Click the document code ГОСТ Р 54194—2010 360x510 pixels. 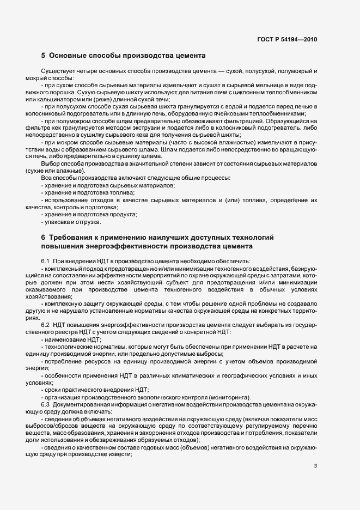(x=287, y=39)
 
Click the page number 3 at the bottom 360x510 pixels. (x=315, y=465)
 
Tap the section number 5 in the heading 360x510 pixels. (x=43, y=56)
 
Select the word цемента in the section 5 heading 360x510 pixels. (x=187, y=56)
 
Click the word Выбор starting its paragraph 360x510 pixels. (x=50, y=164)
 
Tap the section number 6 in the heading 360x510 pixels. (x=43, y=238)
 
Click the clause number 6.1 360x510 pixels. (x=46, y=262)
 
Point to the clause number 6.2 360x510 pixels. (x=46, y=325)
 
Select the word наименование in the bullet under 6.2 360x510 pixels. (x=65, y=340)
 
